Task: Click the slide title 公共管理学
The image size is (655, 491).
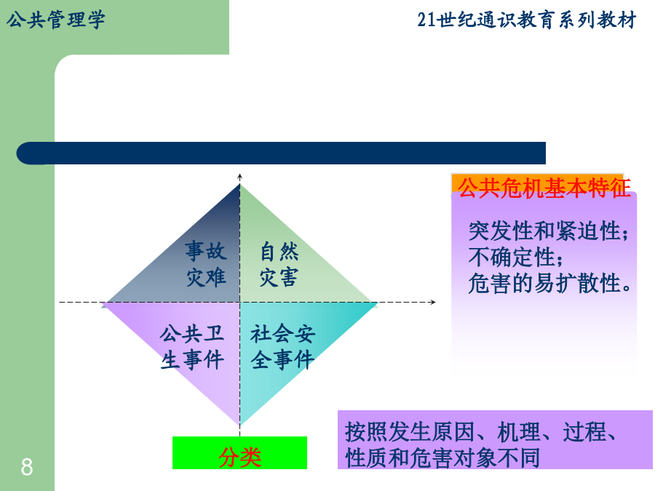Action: tap(55, 20)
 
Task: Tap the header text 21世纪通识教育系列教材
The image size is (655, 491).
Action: tap(527, 20)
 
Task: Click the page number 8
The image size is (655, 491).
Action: tap(27, 467)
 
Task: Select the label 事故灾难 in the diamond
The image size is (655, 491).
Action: tap(206, 264)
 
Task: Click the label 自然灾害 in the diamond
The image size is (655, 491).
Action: tap(279, 264)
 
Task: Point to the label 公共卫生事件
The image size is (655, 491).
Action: tap(192, 346)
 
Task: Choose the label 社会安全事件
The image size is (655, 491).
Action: tap(282, 346)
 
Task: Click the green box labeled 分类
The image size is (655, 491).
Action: tap(239, 453)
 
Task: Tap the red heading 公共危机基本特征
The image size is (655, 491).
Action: tap(544, 188)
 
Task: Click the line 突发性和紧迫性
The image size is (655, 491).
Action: tap(548, 231)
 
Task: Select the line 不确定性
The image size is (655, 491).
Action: tap(515, 257)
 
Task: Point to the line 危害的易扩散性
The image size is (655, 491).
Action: tap(549, 283)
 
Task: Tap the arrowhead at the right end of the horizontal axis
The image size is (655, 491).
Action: tap(434, 302)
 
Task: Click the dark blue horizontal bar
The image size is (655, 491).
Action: tap(281, 153)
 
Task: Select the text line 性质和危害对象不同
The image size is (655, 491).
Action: tap(442, 458)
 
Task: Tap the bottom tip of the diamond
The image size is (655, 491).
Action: tap(239, 425)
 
